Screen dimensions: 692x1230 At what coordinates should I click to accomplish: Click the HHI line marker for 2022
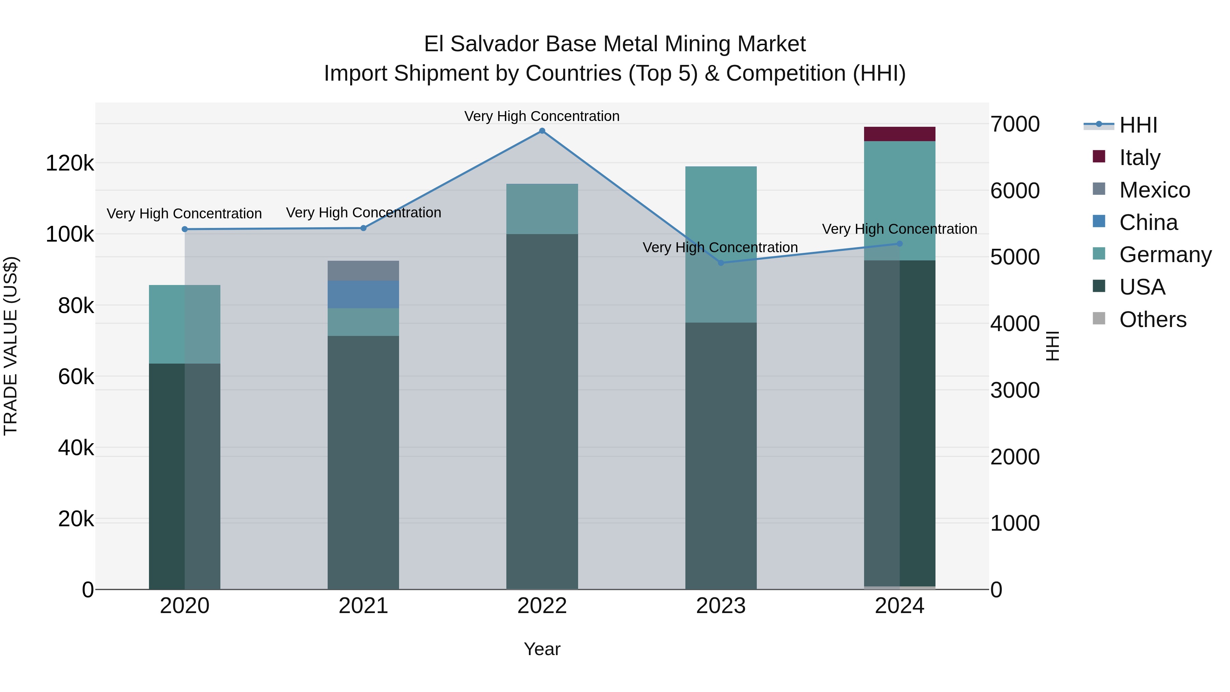(x=542, y=131)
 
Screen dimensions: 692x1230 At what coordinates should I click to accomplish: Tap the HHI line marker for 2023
(x=721, y=263)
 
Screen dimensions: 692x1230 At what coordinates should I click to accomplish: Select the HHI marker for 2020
(x=185, y=229)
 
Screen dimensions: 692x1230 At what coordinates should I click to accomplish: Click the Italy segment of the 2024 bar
(x=900, y=134)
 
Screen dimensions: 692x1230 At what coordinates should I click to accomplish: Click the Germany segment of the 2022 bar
(x=542, y=209)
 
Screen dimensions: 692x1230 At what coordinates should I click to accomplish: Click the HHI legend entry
(x=1137, y=125)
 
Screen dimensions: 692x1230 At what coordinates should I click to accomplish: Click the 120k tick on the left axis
(x=70, y=163)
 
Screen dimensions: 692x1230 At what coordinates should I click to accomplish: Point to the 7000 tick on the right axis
(x=1015, y=124)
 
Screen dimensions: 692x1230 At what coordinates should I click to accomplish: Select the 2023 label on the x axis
(x=721, y=606)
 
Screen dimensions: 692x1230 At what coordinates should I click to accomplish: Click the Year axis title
(x=542, y=649)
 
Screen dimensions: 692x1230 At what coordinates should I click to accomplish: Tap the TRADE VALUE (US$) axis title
(x=11, y=346)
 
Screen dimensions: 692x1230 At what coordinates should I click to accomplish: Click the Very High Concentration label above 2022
(x=542, y=116)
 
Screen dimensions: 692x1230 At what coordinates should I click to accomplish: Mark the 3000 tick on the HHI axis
(x=1015, y=390)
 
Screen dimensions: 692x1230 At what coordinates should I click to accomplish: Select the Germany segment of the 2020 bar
(x=185, y=324)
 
